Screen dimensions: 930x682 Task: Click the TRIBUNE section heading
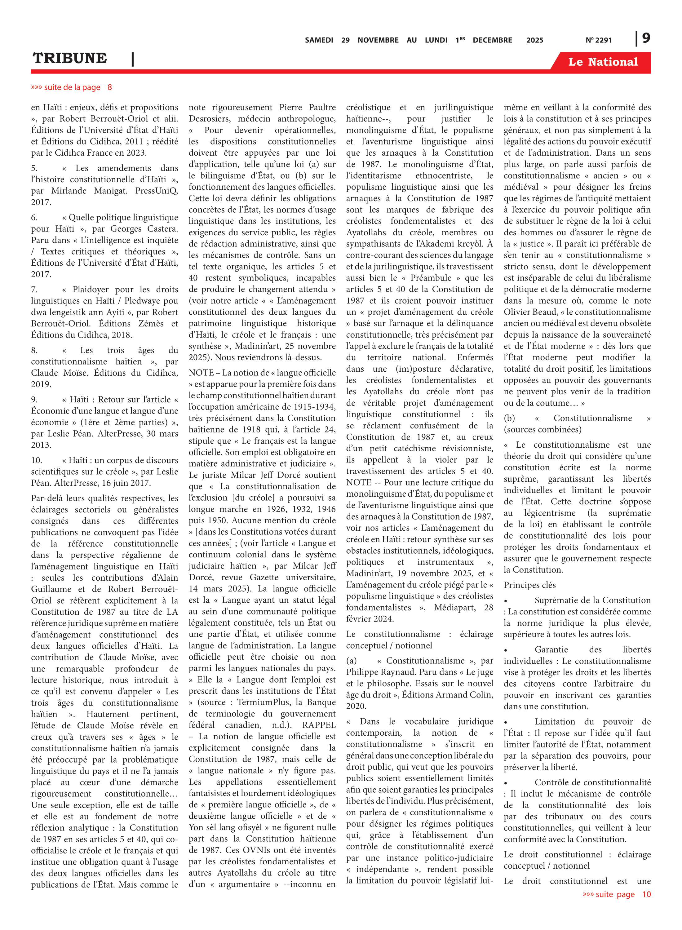(x=70, y=58)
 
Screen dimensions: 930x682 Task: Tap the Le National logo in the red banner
(x=602, y=62)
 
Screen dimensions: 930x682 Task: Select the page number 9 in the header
(x=646, y=38)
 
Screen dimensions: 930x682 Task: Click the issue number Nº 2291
(x=598, y=40)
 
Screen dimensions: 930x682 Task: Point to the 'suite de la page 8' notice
(x=71, y=87)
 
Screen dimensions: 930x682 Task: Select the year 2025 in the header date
(x=535, y=40)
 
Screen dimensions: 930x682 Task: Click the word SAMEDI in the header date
(x=319, y=40)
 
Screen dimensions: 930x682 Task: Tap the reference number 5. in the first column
(x=34, y=168)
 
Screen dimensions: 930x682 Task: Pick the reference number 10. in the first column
(x=36, y=460)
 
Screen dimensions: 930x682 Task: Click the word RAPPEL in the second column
(x=319, y=725)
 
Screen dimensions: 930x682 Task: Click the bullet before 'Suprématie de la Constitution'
(x=506, y=601)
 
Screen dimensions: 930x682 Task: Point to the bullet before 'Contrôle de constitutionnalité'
(x=506, y=783)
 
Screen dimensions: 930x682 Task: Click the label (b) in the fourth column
(x=509, y=418)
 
